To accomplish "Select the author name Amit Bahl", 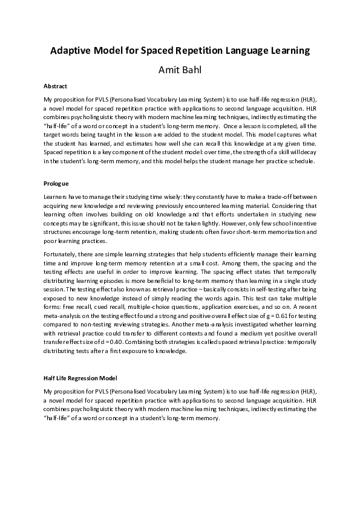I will coord(180,70).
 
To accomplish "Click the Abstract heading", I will coord(55,86).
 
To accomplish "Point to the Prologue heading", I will coord(56,183).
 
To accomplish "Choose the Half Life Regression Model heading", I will coord(80,378).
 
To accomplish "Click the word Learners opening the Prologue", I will coord(56,198).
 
